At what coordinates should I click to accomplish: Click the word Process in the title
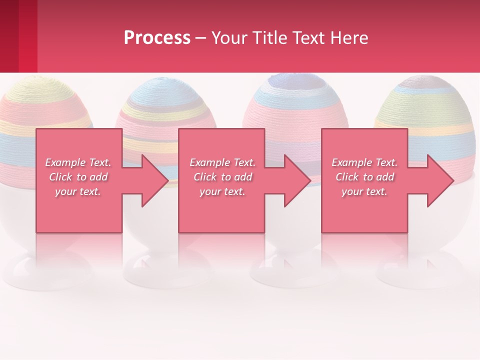(157, 38)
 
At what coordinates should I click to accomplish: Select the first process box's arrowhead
(152, 180)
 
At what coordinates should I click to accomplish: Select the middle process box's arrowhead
(294, 180)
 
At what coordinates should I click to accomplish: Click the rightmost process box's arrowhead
(437, 180)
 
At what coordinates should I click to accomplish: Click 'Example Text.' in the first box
(78, 162)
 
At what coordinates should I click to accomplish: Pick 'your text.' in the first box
(78, 191)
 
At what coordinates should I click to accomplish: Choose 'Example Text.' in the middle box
(222, 162)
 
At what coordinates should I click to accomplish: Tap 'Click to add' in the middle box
(222, 177)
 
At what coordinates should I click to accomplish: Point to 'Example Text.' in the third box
(364, 162)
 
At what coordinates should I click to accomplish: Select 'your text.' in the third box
(364, 191)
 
